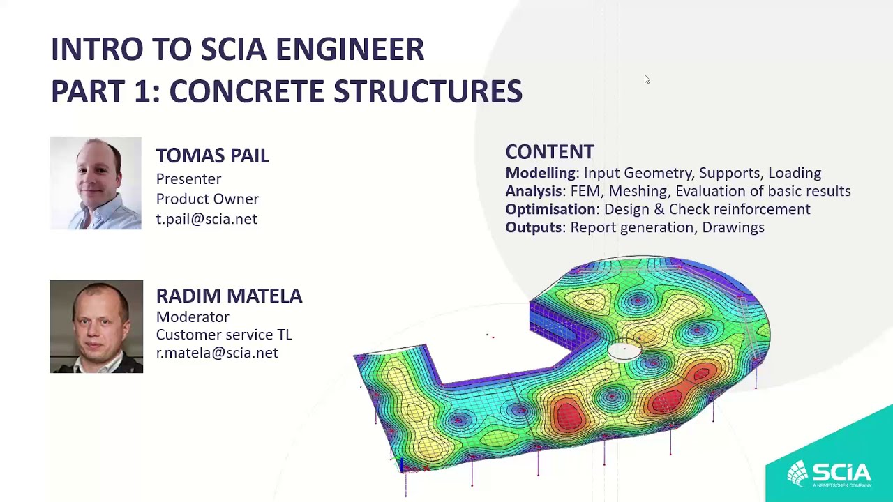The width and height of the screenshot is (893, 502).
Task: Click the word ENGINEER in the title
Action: pos(350,50)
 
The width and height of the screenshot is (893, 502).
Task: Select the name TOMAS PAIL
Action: pos(212,155)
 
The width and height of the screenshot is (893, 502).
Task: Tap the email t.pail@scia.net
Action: pos(207,219)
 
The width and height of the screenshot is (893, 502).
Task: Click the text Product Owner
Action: pos(207,199)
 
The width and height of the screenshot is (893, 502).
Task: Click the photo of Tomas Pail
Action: pos(96,183)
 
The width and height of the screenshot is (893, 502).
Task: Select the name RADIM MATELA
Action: pos(229,296)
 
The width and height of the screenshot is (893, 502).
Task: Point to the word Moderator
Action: pos(193,317)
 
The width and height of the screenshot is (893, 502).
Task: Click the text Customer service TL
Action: pos(224,335)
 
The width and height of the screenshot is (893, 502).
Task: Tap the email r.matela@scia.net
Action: pos(217,353)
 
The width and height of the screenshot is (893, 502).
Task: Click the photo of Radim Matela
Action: pos(96,326)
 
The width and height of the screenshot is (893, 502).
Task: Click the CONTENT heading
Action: pos(550,152)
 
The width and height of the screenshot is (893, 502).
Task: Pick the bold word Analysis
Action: pos(534,191)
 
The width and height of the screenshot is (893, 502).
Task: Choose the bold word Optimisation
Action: pos(550,209)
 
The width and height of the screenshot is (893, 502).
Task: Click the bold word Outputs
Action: pos(534,227)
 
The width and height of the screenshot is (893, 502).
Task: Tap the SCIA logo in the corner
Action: pos(830,473)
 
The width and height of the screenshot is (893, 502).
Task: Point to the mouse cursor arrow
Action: pos(647,79)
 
